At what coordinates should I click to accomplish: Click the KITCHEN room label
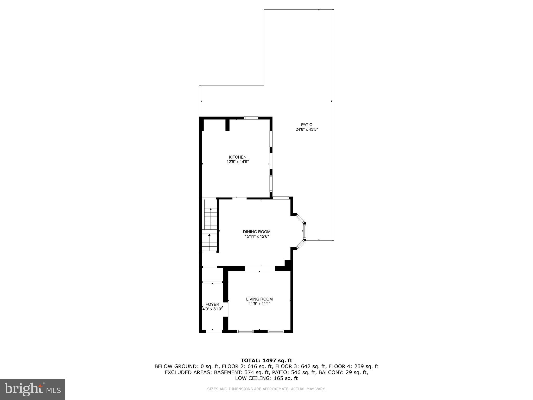(237, 157)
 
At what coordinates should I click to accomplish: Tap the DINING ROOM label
(257, 232)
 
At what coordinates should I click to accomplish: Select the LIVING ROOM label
(259, 299)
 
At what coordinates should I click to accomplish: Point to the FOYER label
(212, 304)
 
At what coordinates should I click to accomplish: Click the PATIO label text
(307, 125)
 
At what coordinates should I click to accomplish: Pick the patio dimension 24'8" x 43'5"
(307, 129)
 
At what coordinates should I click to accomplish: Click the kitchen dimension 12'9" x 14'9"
(237, 162)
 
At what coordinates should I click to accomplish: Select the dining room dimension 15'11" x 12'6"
(257, 236)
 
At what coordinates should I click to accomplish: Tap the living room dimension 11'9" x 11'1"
(259, 304)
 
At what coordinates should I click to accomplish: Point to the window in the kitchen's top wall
(251, 118)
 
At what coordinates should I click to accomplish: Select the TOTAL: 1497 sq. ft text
(266, 360)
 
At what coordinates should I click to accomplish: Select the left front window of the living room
(245, 331)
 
